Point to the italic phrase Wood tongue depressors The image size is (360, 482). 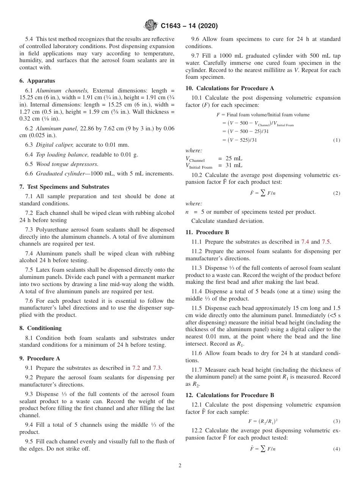[67, 164]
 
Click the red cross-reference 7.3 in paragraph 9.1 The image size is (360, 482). [157, 368]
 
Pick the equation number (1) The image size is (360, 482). [336, 140]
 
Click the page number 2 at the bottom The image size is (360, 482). [180, 466]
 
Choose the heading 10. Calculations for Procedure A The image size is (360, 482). [229, 88]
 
